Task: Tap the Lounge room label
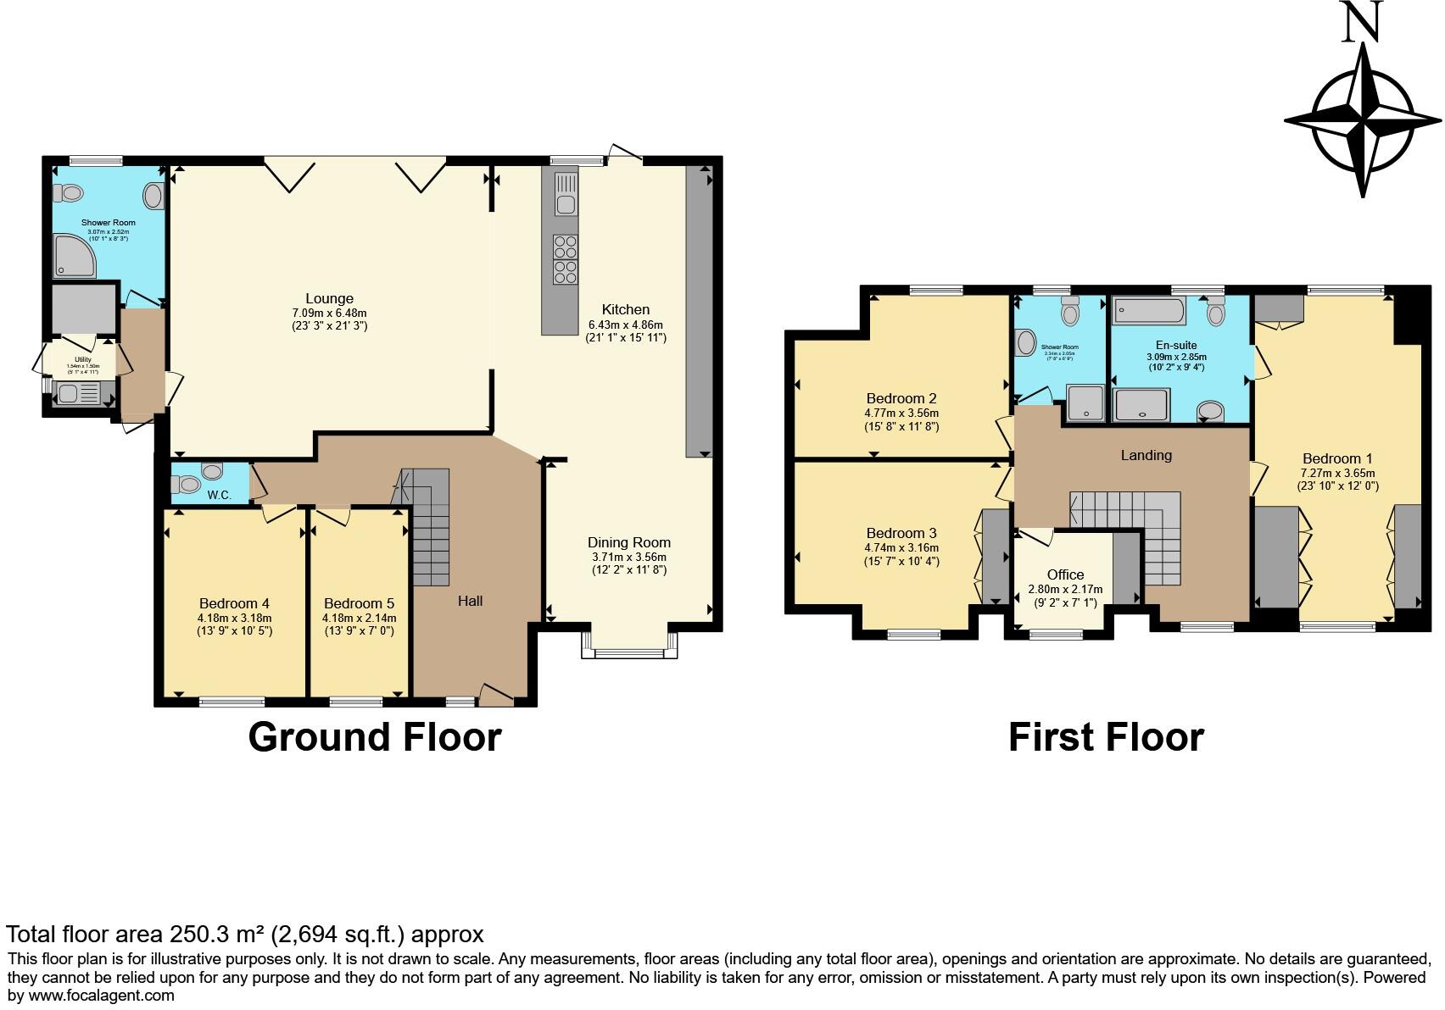[x=329, y=298]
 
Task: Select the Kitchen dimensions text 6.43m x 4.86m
[x=625, y=325]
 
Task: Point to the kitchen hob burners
[x=566, y=259]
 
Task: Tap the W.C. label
[x=219, y=495]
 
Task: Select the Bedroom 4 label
[x=234, y=603]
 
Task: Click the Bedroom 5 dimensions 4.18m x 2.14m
[x=359, y=618]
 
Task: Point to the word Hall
[x=470, y=601]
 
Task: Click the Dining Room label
[x=629, y=542]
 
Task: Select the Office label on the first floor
[x=1065, y=574]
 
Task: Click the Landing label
[x=1146, y=455]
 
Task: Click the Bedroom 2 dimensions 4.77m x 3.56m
[x=901, y=413]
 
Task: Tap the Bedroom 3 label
[x=901, y=533]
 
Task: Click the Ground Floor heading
[x=374, y=736]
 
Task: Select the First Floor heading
[x=1105, y=736]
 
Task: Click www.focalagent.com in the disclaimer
[x=90, y=996]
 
